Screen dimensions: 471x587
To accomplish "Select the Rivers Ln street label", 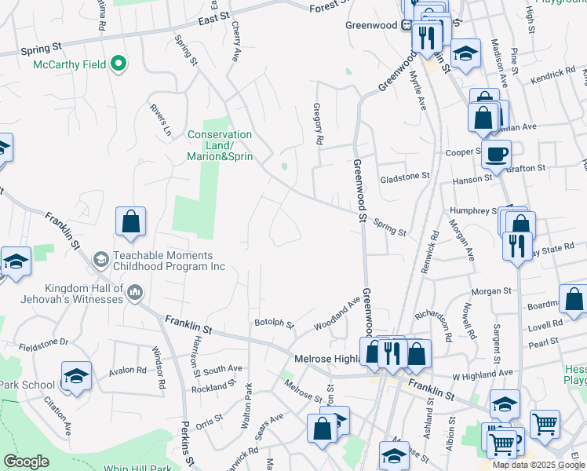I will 161,119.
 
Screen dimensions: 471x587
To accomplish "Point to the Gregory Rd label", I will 319,124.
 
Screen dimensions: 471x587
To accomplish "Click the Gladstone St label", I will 405,178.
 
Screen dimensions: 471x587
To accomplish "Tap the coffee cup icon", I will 495,155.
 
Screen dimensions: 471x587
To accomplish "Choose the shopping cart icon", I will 544,424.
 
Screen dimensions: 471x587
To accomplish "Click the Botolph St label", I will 273,323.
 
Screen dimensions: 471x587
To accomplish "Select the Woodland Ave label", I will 337,312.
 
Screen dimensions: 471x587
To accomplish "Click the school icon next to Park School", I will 76,376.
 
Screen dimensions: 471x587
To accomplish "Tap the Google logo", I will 27,462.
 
